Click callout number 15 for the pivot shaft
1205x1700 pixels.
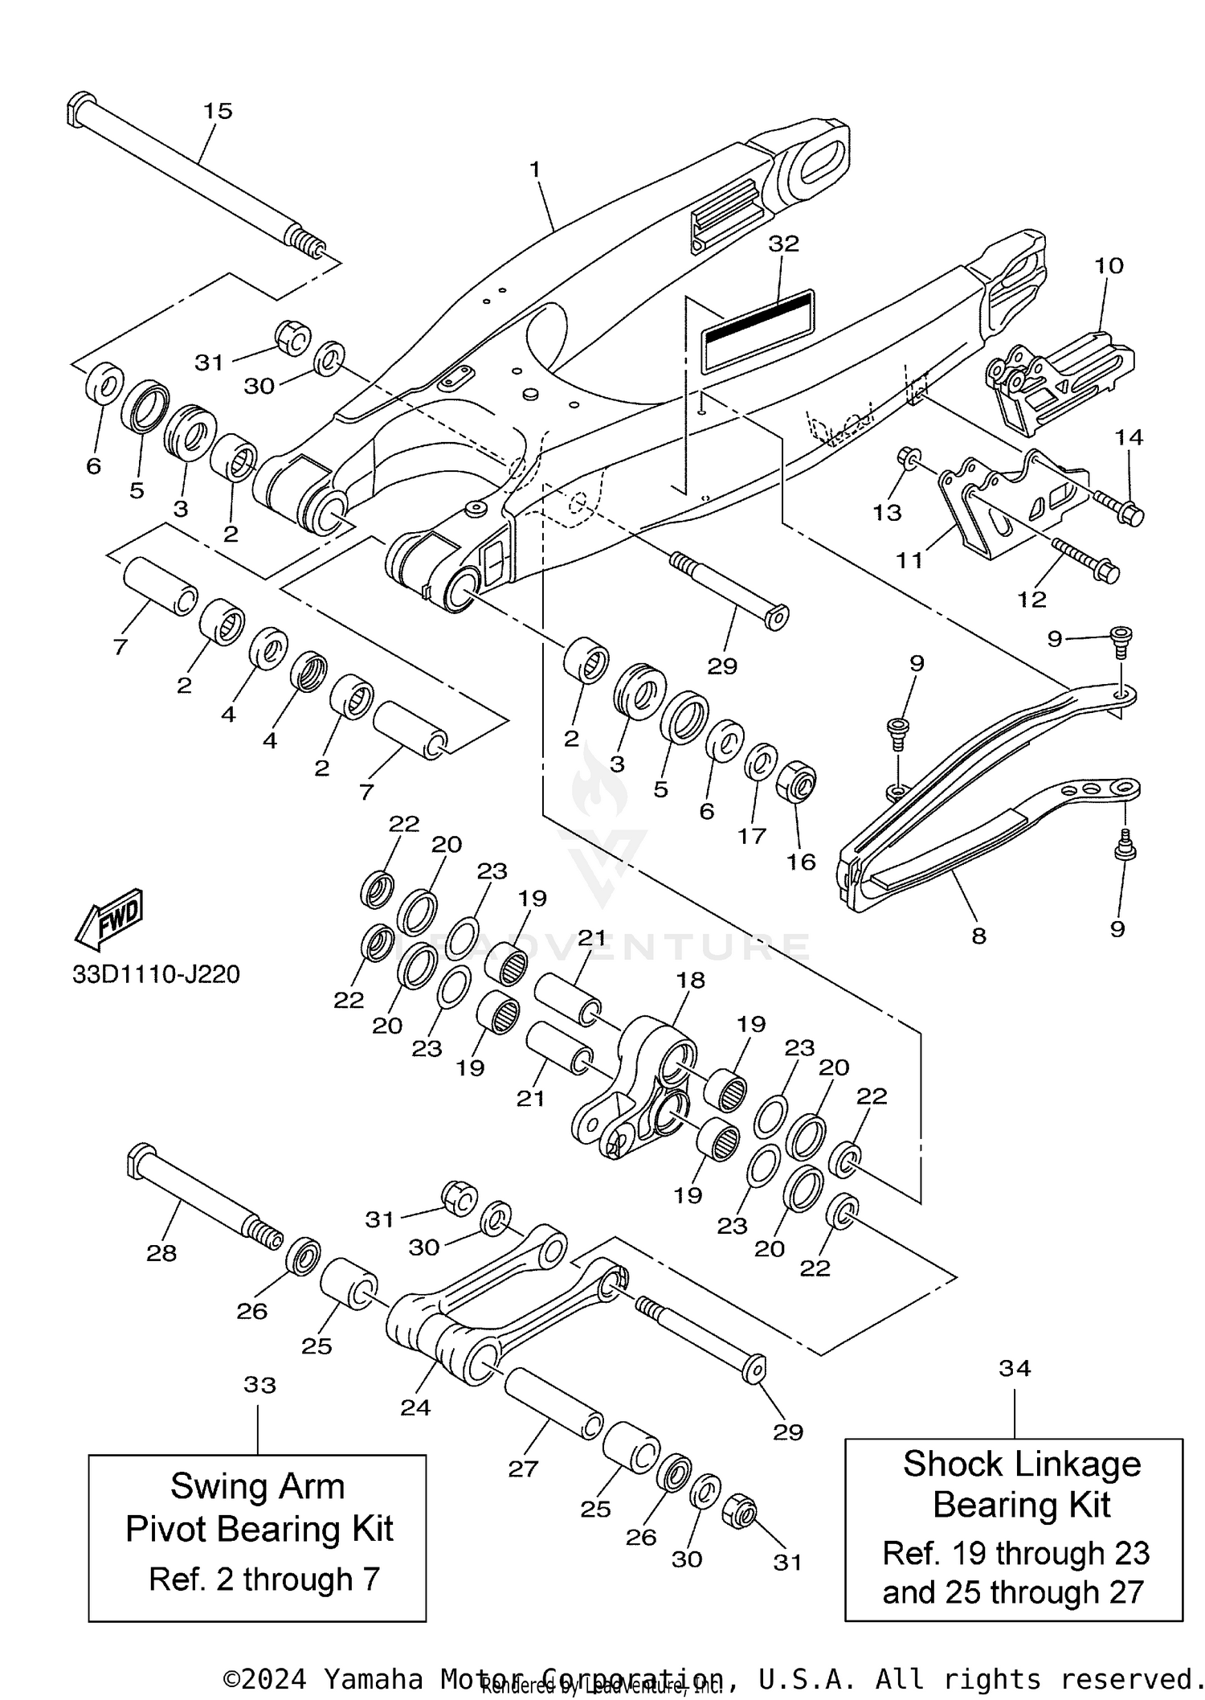pyautogui.click(x=218, y=111)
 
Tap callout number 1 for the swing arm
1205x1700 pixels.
pyautogui.click(x=535, y=170)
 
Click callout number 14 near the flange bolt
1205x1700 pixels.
pyautogui.click(x=1129, y=437)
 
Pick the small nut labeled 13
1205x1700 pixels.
pyautogui.click(x=909, y=457)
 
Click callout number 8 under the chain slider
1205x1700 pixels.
pyautogui.click(x=978, y=936)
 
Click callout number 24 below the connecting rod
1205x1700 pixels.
pyautogui.click(x=415, y=1407)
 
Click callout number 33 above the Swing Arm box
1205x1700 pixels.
pyautogui.click(x=259, y=1384)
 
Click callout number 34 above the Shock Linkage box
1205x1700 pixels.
pyautogui.click(x=1015, y=1367)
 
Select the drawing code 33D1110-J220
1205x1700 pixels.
pyautogui.click(x=156, y=974)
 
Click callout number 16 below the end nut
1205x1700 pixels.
pyautogui.click(x=801, y=862)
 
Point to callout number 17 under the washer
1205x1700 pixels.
pyautogui.click(x=752, y=836)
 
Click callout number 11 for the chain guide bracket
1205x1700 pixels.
pyautogui.click(x=909, y=559)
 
